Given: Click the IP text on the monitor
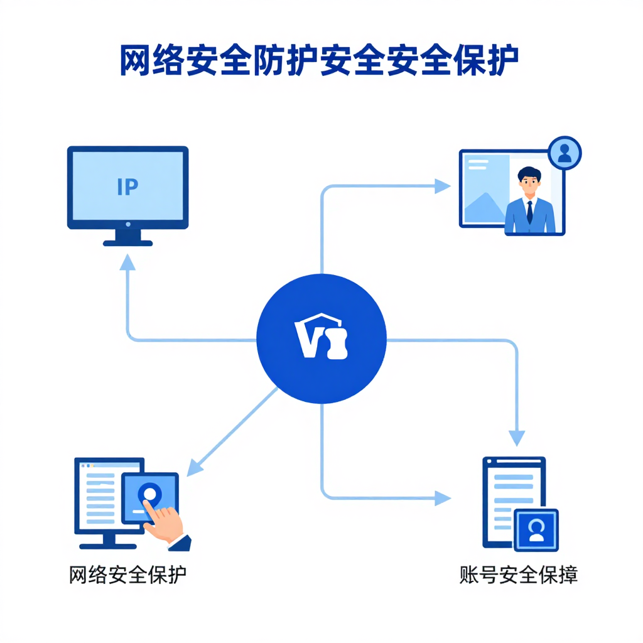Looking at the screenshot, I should [x=127, y=186].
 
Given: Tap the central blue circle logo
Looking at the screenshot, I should [x=321, y=339].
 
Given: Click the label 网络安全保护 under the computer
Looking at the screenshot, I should [x=128, y=575].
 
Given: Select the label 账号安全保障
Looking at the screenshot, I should [x=518, y=575].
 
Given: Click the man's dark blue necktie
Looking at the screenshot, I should [x=530, y=212].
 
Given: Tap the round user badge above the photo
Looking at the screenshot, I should [x=565, y=153].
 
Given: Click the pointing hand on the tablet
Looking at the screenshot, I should [x=165, y=522].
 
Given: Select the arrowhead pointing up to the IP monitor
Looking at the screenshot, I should [x=127, y=262].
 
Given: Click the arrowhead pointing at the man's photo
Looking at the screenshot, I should [x=442, y=186].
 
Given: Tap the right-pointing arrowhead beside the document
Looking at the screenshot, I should [x=443, y=499].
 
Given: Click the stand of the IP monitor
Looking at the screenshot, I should [x=127, y=237].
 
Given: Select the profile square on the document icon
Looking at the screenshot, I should [x=536, y=529].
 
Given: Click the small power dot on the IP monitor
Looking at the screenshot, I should [x=128, y=224].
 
